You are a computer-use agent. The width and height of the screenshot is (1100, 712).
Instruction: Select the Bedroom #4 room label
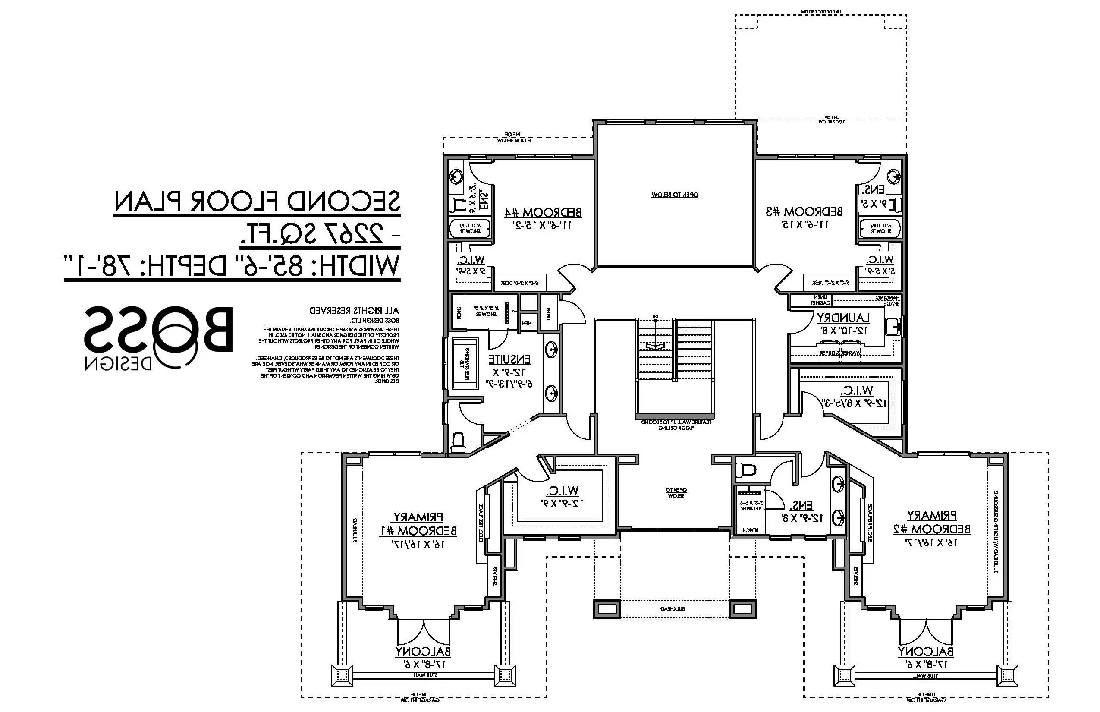pyautogui.click(x=543, y=213)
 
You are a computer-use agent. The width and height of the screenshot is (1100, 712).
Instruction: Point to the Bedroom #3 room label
pyautogui.click(x=805, y=212)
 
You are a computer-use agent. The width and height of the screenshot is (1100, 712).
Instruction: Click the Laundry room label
pyautogui.click(x=843, y=318)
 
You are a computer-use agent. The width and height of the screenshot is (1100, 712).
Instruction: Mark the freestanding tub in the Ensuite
pyautogui.click(x=465, y=363)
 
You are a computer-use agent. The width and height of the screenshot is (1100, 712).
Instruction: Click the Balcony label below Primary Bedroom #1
pyautogui.click(x=423, y=652)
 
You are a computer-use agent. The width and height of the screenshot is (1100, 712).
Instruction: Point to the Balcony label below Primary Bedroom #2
pyautogui.click(x=925, y=652)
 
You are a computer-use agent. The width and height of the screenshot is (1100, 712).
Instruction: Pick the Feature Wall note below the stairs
pyautogui.click(x=676, y=425)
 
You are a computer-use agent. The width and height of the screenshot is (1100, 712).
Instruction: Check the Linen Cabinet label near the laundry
pyautogui.click(x=821, y=300)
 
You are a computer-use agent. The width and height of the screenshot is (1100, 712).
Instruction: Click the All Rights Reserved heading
pyautogui.click(x=354, y=310)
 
